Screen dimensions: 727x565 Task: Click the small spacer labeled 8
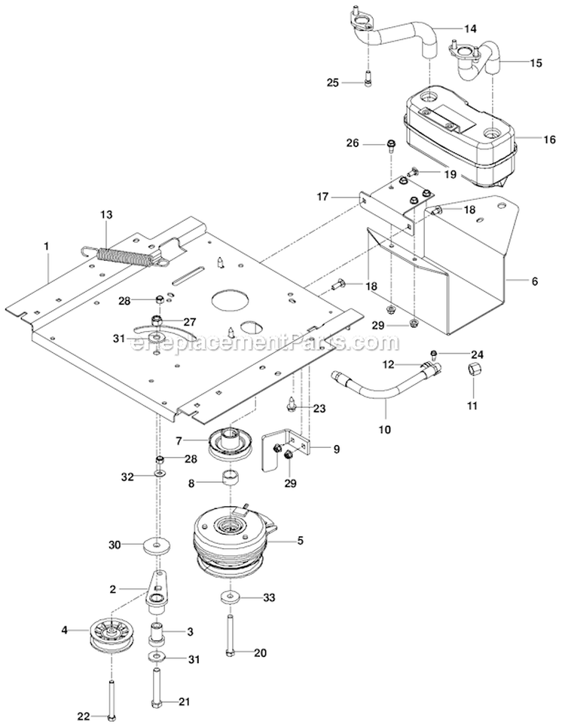coord(230,477)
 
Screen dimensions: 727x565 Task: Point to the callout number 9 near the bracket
coord(337,448)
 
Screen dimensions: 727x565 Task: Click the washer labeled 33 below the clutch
coord(229,598)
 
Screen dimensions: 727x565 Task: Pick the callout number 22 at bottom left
coord(84,716)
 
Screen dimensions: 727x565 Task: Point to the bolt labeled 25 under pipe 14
coord(367,78)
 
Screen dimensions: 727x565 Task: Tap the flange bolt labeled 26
coord(391,145)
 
